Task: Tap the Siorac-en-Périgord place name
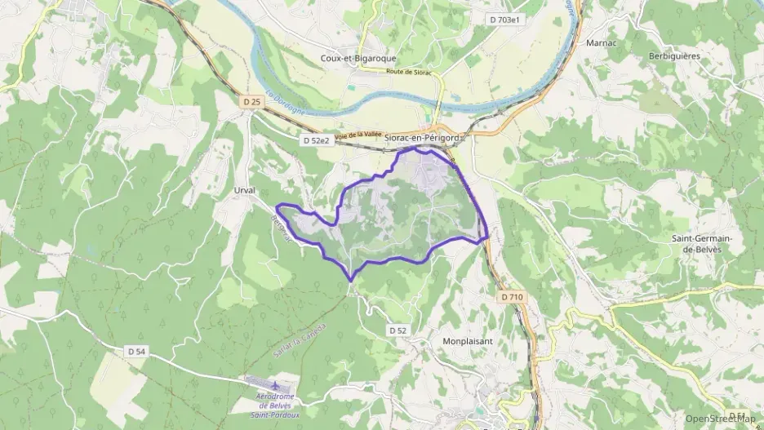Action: pyautogui.click(x=423, y=138)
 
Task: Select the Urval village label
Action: pyautogui.click(x=245, y=190)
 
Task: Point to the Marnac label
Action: pyautogui.click(x=601, y=42)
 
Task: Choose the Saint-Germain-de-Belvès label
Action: pyautogui.click(x=701, y=243)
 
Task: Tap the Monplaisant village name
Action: pyautogui.click(x=470, y=341)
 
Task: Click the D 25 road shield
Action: pyautogui.click(x=251, y=101)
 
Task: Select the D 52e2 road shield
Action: pyautogui.click(x=316, y=140)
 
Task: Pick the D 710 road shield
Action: pyautogui.click(x=512, y=297)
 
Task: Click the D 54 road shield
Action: pyautogui.click(x=137, y=350)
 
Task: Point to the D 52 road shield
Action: pyautogui.click(x=398, y=330)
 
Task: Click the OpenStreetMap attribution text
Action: pyautogui.click(x=720, y=418)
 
